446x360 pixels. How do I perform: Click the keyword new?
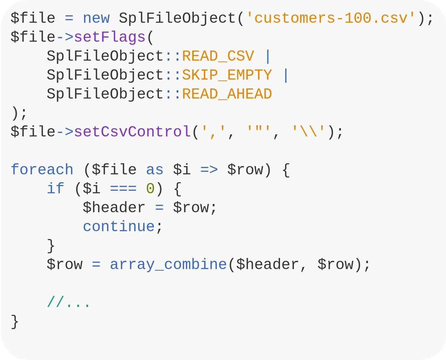pos(96,18)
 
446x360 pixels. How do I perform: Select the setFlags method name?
pos(110,37)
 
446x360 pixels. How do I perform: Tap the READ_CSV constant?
pos(218,56)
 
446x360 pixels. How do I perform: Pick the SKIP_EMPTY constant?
pos(227,75)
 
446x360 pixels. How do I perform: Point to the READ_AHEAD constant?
pos(227,94)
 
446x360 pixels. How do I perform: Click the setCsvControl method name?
pos(132,132)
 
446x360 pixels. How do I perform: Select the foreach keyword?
pos(42,170)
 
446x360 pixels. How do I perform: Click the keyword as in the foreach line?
pos(155,170)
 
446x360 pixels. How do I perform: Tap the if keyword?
pos(55,189)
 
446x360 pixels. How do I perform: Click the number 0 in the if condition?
pos(150,189)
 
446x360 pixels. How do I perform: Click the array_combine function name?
pos(168,264)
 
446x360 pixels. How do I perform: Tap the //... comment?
pos(69,302)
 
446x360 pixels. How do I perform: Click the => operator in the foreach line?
pos(209,170)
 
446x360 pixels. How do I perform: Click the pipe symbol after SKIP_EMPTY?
pos(285,75)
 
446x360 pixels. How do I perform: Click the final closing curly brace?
pos(14,321)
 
